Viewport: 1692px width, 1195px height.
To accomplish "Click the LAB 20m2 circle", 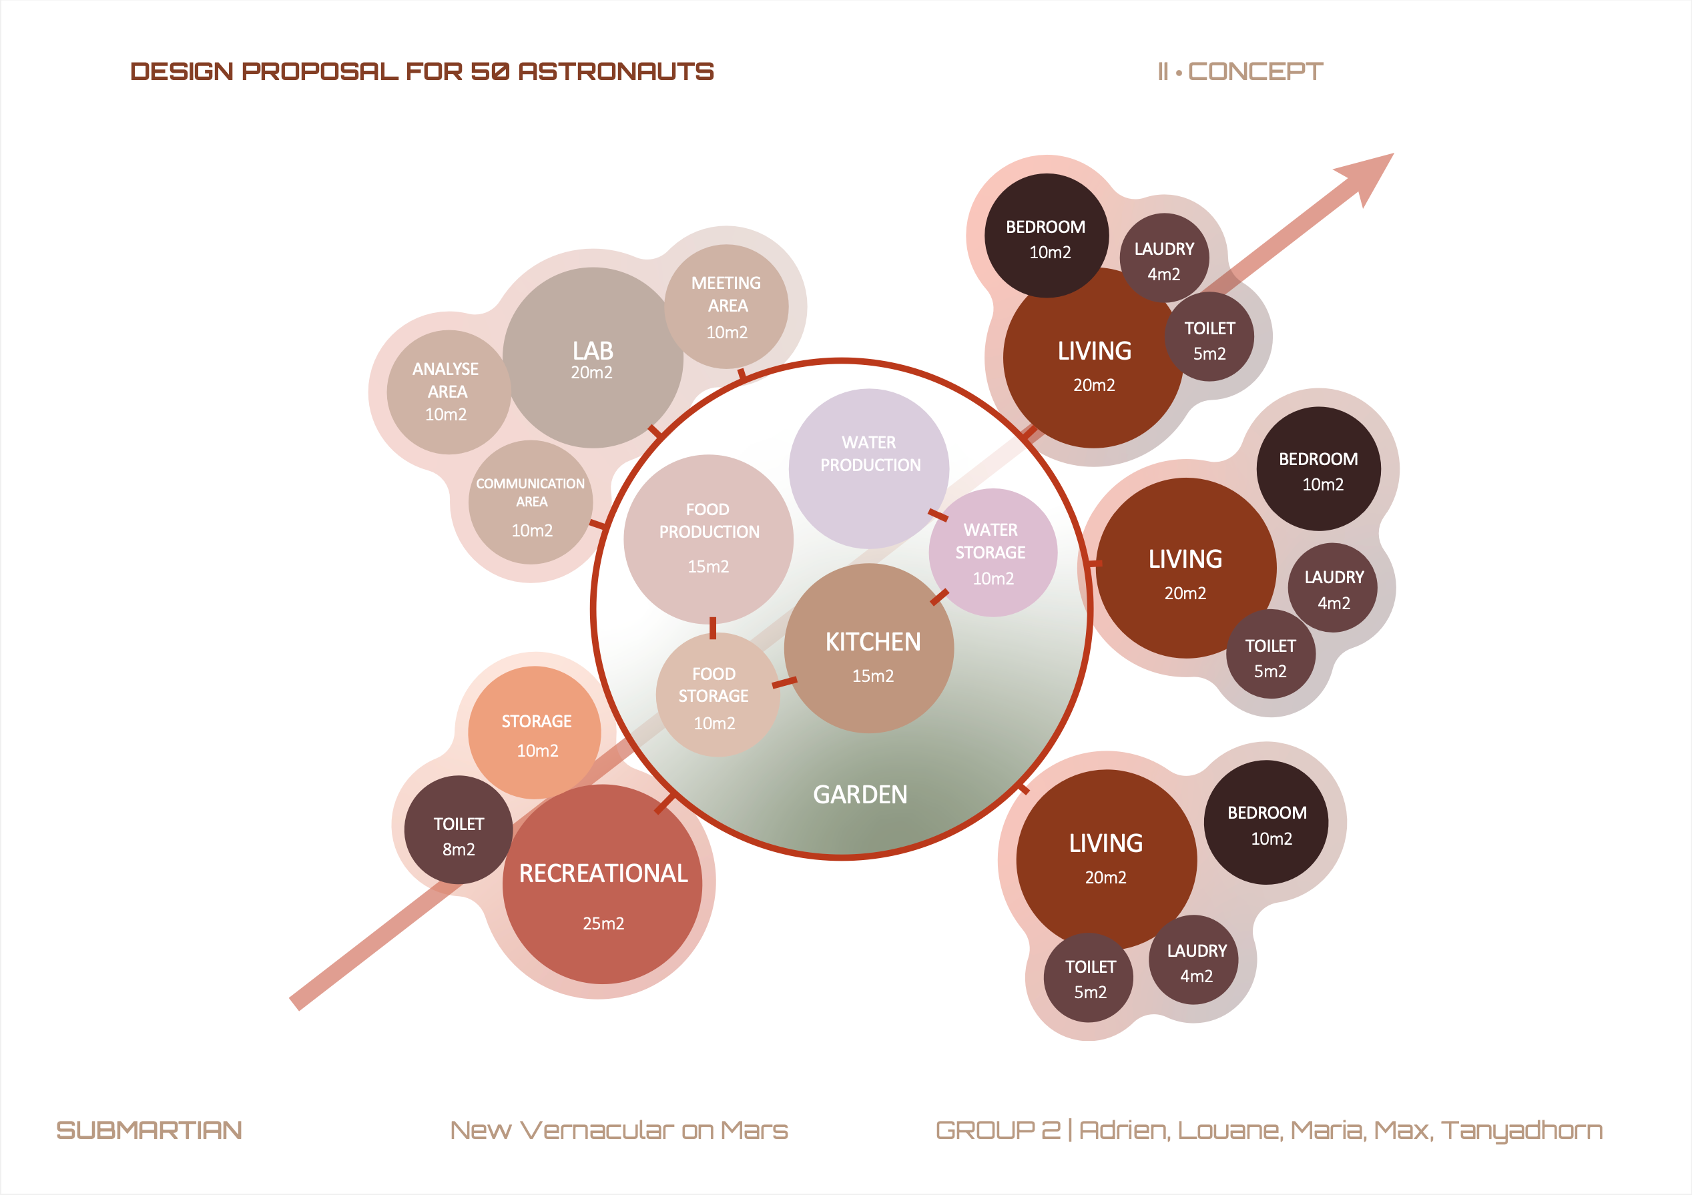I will click(x=593, y=358).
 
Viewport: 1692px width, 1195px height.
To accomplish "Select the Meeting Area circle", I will click(x=727, y=306).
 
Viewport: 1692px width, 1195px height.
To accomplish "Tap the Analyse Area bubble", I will click(x=447, y=391).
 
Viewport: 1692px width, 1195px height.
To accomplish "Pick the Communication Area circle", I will click(x=531, y=503).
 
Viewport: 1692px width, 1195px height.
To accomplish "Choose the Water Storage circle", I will click(x=993, y=552).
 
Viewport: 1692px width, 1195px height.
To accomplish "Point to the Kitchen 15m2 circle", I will click(x=870, y=649).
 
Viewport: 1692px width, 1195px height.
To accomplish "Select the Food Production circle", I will click(x=708, y=538).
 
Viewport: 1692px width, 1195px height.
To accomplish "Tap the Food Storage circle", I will click(x=716, y=696).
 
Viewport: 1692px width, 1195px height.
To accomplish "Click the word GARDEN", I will click(x=860, y=794).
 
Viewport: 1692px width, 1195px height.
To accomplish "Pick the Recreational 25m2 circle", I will click(x=603, y=884).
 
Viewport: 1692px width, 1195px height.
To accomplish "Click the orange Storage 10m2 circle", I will click(x=535, y=733).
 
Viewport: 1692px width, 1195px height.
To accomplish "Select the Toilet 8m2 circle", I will click(x=459, y=830).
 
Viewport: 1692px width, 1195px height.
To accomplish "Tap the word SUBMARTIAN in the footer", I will click(x=149, y=1130).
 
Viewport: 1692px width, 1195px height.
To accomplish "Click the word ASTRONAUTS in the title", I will click(x=616, y=71).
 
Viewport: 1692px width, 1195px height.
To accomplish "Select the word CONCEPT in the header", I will click(x=1255, y=71).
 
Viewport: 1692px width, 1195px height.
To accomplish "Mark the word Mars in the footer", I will click(x=754, y=1130).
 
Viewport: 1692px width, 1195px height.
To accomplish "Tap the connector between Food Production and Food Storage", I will click(x=713, y=628).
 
